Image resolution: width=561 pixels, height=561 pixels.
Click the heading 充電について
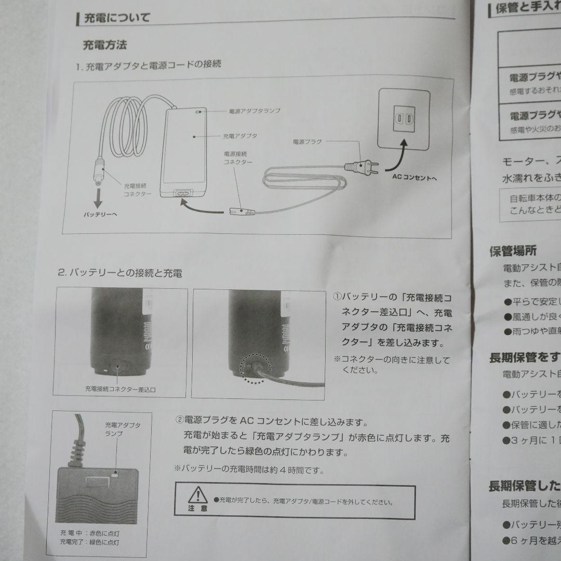[117, 19]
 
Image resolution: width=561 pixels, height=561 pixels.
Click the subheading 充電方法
[104, 45]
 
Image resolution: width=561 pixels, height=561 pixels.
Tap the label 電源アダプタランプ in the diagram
[255, 111]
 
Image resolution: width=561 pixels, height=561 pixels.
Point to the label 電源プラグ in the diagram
[308, 141]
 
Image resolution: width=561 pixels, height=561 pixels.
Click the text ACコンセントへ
[414, 177]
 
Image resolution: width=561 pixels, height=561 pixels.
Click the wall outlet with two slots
[403, 119]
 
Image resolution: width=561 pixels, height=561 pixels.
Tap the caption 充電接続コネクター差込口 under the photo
[121, 389]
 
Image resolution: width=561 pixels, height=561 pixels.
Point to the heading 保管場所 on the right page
[512, 251]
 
